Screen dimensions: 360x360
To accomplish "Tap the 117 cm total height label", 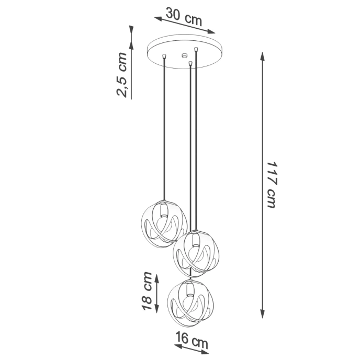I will pos(271,184).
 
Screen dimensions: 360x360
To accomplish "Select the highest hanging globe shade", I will pos(164,221).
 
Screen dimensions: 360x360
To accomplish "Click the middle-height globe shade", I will pos(195,252).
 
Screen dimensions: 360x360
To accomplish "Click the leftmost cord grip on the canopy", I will pos(165,55).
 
